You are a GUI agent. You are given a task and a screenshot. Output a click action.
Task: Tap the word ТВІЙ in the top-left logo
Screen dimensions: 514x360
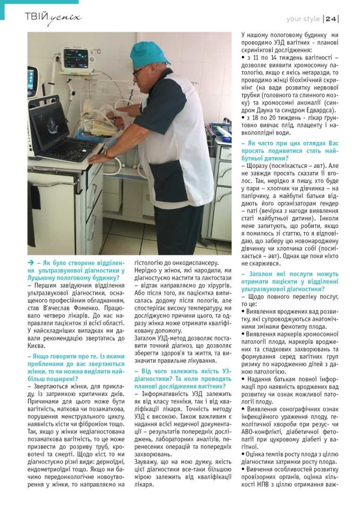pyautogui.click(x=37, y=17)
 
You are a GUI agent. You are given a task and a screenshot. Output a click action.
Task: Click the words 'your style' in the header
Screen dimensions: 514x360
pyautogui.click(x=303, y=19)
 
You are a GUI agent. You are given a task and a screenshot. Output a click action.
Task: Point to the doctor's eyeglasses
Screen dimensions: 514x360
pyautogui.click(x=138, y=71)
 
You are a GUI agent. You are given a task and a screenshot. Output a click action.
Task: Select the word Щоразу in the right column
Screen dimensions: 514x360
pyautogui.click(x=258, y=166)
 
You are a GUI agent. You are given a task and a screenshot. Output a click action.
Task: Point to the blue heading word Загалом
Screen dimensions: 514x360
pyautogui.click(x=257, y=274)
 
